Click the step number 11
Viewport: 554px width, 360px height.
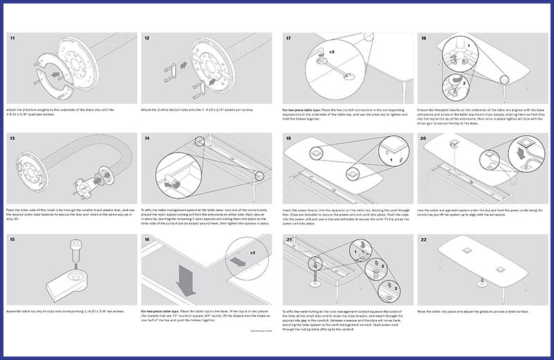[12, 38]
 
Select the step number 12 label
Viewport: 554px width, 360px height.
[147, 38]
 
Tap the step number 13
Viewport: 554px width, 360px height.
[12, 138]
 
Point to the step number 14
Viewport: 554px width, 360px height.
[147, 138]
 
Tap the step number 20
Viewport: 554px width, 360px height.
[425, 138]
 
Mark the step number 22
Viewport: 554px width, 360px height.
[425, 239]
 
